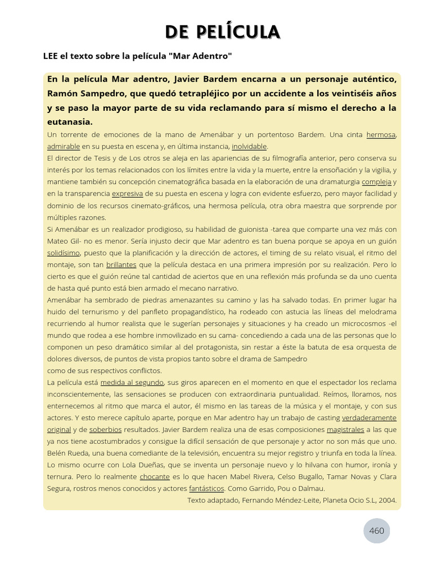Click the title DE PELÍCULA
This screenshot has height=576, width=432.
[x=223, y=33]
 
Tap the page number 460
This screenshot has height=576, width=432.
[x=376, y=530]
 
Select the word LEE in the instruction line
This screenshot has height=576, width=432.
[x=52, y=56]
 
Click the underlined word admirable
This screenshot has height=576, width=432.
[x=64, y=146]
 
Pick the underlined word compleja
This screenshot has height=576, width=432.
[x=376, y=182]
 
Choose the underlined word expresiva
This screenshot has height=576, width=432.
[x=127, y=193]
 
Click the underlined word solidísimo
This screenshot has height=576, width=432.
[x=64, y=253]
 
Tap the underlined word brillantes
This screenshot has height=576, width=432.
[x=121, y=264]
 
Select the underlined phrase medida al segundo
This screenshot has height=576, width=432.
[x=132, y=382]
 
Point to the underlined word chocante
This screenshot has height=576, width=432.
[x=155, y=476]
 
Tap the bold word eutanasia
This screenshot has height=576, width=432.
[x=70, y=121]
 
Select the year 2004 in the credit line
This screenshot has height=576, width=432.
[x=388, y=499]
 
